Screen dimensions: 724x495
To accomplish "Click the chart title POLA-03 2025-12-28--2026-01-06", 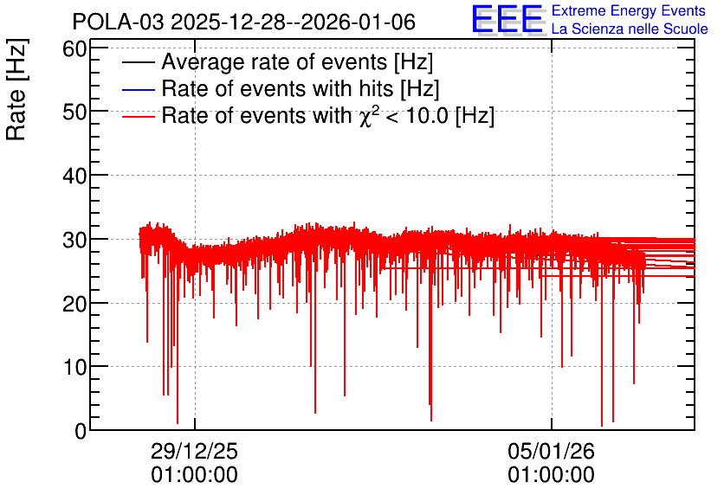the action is [x=244, y=22].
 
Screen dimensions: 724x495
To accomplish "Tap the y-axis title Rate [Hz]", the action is [x=16, y=89].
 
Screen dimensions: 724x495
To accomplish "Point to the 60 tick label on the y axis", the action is [x=74, y=48].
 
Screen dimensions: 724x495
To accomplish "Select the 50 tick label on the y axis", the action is [x=74, y=112].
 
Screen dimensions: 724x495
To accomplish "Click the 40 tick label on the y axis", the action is [x=74, y=176].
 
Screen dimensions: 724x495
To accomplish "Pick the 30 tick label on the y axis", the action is [x=74, y=240].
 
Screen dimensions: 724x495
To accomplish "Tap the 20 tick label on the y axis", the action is [x=74, y=304].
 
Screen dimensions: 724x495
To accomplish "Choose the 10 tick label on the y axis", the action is [x=74, y=368].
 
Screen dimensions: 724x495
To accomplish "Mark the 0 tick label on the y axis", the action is [x=81, y=431].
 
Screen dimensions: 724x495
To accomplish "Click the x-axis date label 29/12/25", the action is [x=194, y=451].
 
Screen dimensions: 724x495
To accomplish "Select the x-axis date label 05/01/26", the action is [x=552, y=451].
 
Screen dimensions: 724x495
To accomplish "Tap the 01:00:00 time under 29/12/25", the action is [x=194, y=475].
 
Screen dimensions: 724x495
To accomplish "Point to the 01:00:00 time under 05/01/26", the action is [x=552, y=475].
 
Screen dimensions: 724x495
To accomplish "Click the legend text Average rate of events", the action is [x=275, y=61].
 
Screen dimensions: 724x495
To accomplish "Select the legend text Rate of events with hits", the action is [x=277, y=88].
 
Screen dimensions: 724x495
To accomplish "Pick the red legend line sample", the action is [x=138, y=117].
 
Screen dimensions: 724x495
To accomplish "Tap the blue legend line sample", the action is [x=138, y=89].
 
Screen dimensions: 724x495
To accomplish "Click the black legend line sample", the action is [x=138, y=62].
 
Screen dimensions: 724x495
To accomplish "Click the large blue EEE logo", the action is [x=507, y=19].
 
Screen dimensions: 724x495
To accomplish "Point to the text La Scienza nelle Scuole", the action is [x=630, y=29].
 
